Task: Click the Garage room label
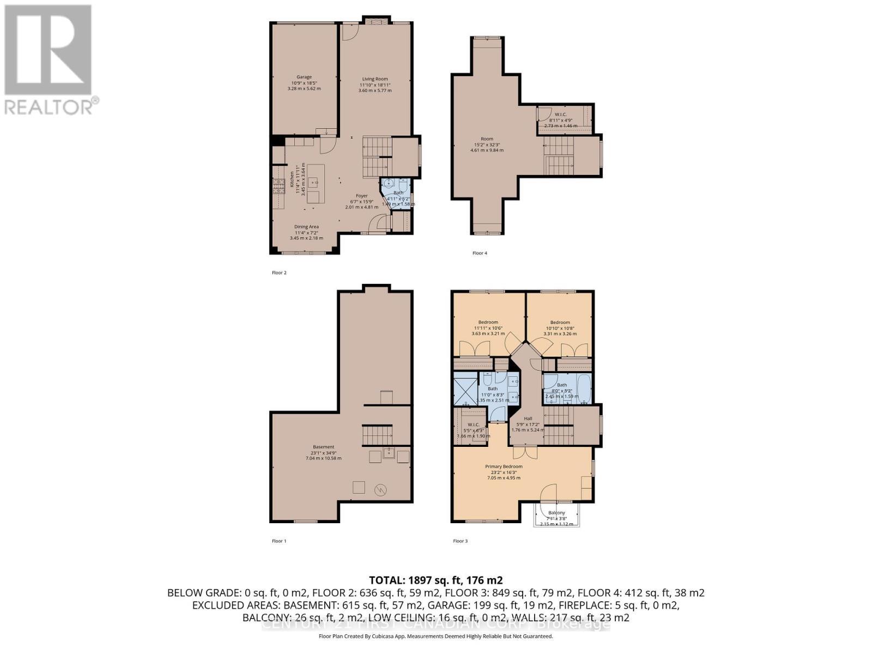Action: pyautogui.click(x=304, y=77)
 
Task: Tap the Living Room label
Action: pyautogui.click(x=375, y=80)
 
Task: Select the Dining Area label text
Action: pyautogui.click(x=306, y=227)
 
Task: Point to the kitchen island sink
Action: pyautogui.click(x=314, y=182)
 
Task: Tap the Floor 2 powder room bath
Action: pyautogui.click(x=398, y=193)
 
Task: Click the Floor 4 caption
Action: pyautogui.click(x=480, y=253)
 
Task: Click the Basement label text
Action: pyautogui.click(x=323, y=447)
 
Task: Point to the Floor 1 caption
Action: pyautogui.click(x=279, y=541)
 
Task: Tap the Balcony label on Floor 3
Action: pyautogui.click(x=556, y=513)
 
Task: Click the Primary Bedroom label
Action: pyautogui.click(x=504, y=467)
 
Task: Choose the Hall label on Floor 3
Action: pyautogui.click(x=528, y=419)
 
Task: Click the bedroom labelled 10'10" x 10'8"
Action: pyautogui.click(x=560, y=323)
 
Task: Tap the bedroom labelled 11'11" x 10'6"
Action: pyautogui.click(x=488, y=323)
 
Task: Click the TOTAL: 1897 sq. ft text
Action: pyautogui.click(x=435, y=580)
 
